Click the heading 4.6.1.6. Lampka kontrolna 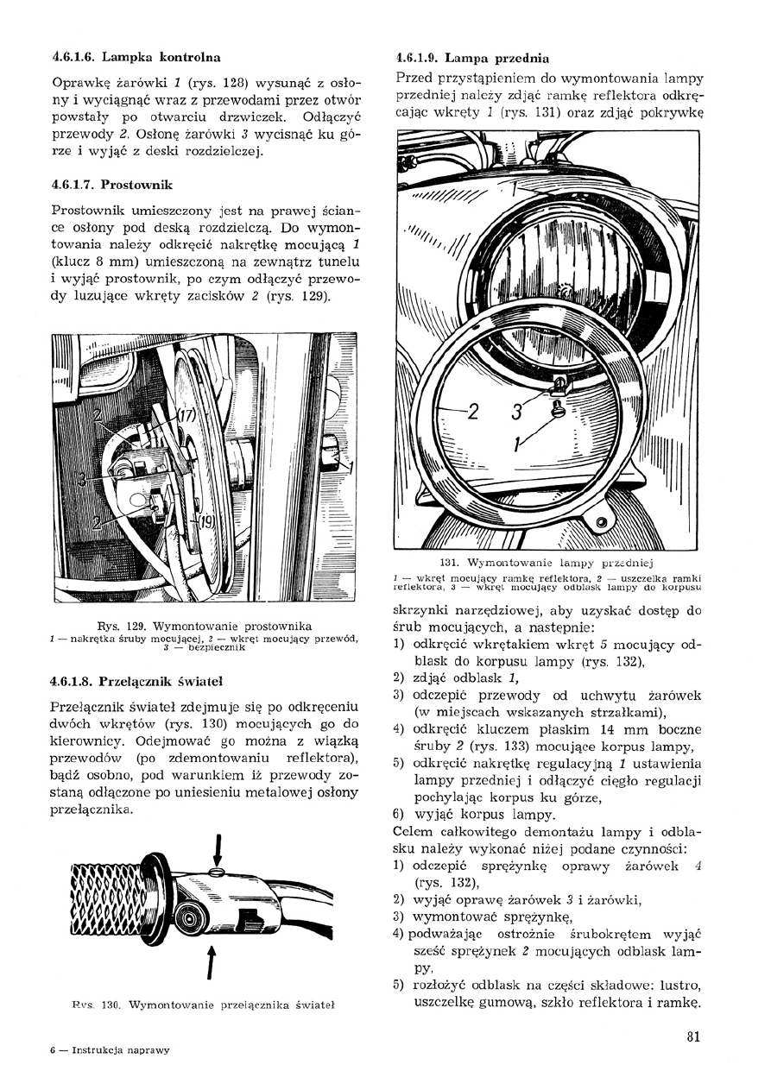[x=136, y=58]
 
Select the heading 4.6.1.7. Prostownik [x=112, y=184]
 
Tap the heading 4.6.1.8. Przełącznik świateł [x=137, y=679]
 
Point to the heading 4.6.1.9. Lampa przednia [x=471, y=59]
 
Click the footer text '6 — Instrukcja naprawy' [x=110, y=1050]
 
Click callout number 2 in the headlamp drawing [x=472, y=412]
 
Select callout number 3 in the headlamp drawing [x=516, y=413]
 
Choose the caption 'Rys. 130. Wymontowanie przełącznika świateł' [x=204, y=1005]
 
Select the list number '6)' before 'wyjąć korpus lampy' [x=399, y=813]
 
